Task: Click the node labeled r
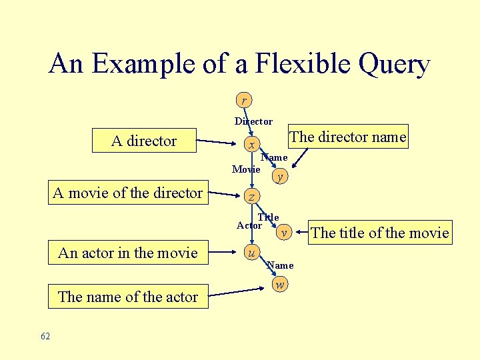[244, 100]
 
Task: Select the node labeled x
[251, 145]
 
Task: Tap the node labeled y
[280, 177]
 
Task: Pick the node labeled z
[251, 196]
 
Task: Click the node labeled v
[284, 233]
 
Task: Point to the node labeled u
[251, 253]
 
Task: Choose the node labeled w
[280, 285]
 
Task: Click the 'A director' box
[144, 141]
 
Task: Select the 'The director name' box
[347, 137]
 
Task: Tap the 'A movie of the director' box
[127, 193]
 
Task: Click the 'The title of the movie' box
[380, 233]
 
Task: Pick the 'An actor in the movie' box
[128, 253]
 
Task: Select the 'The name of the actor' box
[128, 297]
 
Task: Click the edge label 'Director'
[253, 121]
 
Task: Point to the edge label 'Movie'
[245, 169]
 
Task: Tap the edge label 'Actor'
[249, 226]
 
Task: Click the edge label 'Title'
[269, 217]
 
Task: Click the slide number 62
[45, 337]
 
